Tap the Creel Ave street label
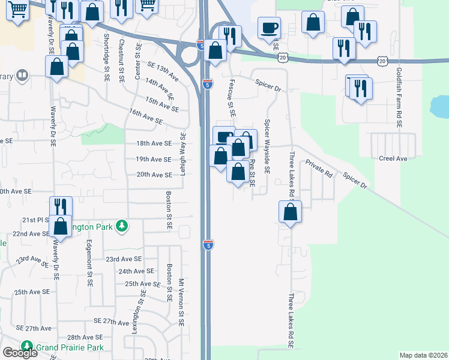(393, 158)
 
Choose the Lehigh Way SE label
(184, 153)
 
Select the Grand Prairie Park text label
(69, 347)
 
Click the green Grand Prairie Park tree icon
(27, 346)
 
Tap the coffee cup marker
(269, 27)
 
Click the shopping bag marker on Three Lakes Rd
(291, 212)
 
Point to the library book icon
(22, 76)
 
